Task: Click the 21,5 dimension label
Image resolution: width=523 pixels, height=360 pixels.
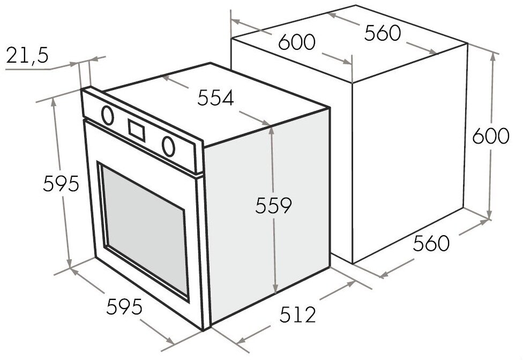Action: click(26, 56)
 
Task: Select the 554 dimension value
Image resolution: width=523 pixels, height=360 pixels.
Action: click(215, 98)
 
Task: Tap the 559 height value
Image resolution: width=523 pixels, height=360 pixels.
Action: click(273, 205)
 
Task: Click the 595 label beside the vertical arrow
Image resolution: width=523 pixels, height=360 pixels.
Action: click(61, 184)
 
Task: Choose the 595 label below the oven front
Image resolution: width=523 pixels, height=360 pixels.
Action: click(124, 307)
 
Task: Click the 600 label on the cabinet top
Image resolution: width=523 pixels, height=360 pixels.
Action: click(296, 42)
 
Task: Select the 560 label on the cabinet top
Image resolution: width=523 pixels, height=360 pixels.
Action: click(382, 33)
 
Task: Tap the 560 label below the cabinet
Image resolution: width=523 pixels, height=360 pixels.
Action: click(431, 244)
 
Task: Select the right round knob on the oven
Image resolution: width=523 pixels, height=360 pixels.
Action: click(169, 145)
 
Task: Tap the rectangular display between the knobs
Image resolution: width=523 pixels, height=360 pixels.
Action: click(136, 129)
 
